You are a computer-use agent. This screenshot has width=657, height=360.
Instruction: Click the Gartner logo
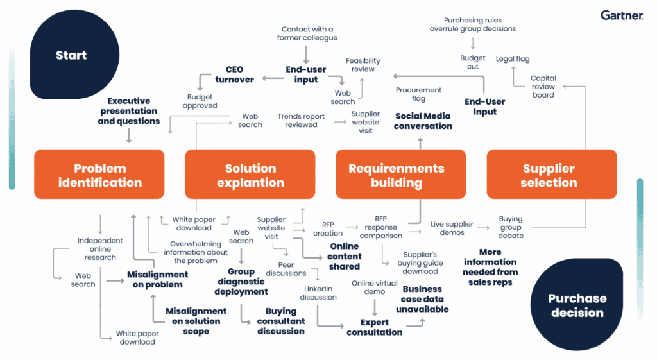[622, 15]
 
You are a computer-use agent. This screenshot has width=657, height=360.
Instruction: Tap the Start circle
[71, 55]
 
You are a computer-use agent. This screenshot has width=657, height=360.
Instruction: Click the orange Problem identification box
[99, 175]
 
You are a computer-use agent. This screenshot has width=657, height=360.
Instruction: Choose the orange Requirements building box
[396, 175]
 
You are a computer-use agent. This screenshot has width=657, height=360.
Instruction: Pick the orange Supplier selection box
[549, 175]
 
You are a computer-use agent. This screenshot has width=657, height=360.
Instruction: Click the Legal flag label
[513, 59]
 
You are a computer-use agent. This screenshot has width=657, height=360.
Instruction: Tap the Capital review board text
[543, 87]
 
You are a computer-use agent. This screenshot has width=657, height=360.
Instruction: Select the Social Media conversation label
[423, 121]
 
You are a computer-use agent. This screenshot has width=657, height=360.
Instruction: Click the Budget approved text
[200, 101]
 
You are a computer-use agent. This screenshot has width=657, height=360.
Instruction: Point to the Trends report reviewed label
[301, 121]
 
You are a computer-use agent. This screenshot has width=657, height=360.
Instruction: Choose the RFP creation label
[328, 229]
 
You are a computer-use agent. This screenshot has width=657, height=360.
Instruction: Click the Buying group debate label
[511, 227]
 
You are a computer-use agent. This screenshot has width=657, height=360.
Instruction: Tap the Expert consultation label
[374, 327]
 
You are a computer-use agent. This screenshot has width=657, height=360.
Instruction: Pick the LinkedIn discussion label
[318, 293]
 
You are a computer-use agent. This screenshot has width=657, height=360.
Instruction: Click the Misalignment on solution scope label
[196, 321]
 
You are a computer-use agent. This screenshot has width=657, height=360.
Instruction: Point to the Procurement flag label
[418, 94]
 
